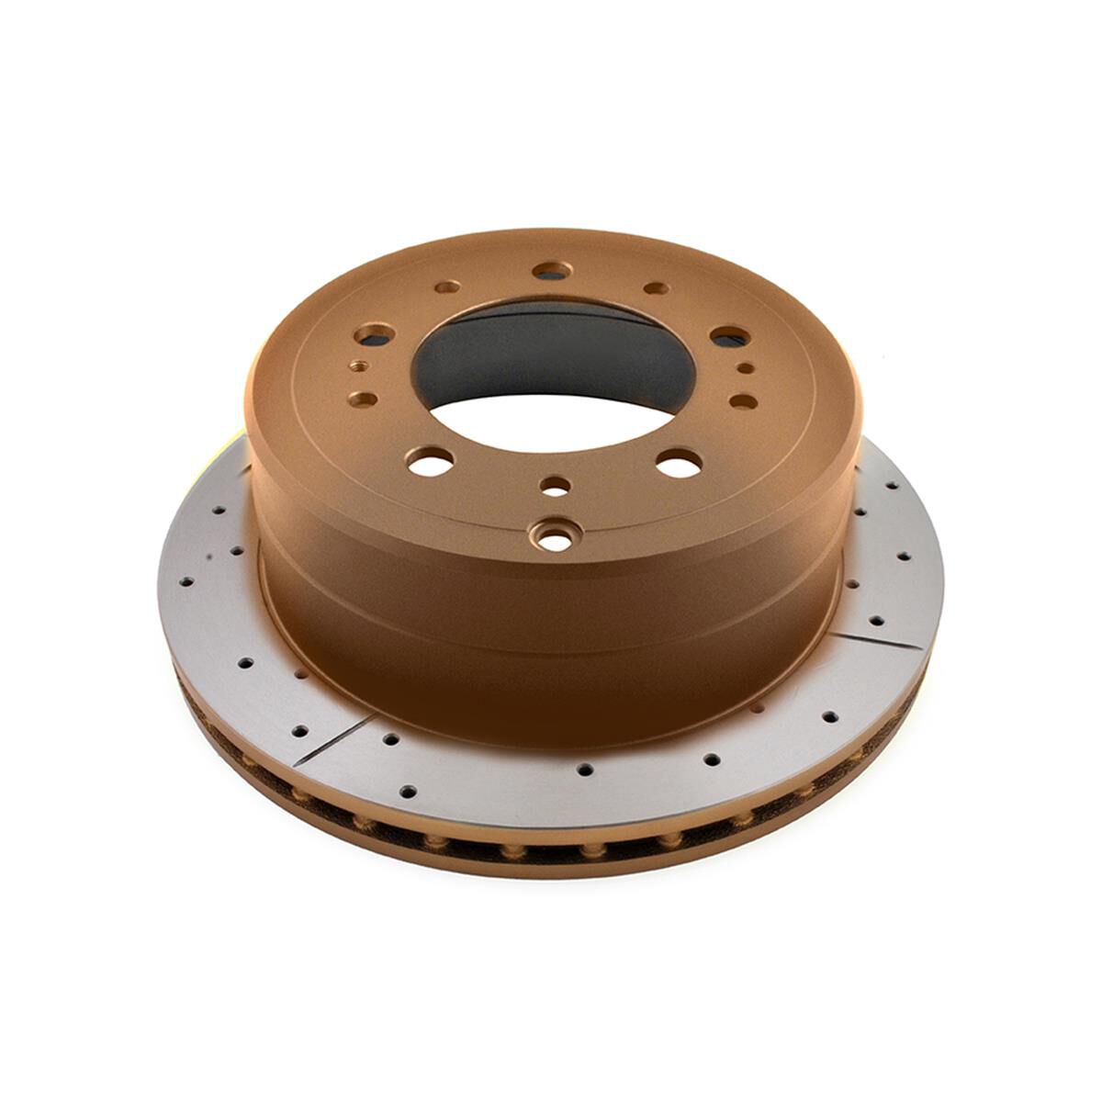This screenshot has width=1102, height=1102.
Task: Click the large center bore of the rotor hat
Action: tap(549, 367)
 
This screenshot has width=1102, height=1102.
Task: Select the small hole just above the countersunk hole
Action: tap(554, 485)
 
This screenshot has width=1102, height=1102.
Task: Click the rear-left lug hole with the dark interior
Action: tap(377, 333)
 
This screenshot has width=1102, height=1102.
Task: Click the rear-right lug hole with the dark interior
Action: tap(725, 336)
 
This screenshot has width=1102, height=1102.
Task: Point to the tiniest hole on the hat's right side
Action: tap(747, 368)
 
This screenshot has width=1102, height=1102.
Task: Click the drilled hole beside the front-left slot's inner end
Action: tap(389, 737)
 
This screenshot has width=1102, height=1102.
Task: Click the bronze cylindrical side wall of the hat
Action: tap(551, 643)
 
